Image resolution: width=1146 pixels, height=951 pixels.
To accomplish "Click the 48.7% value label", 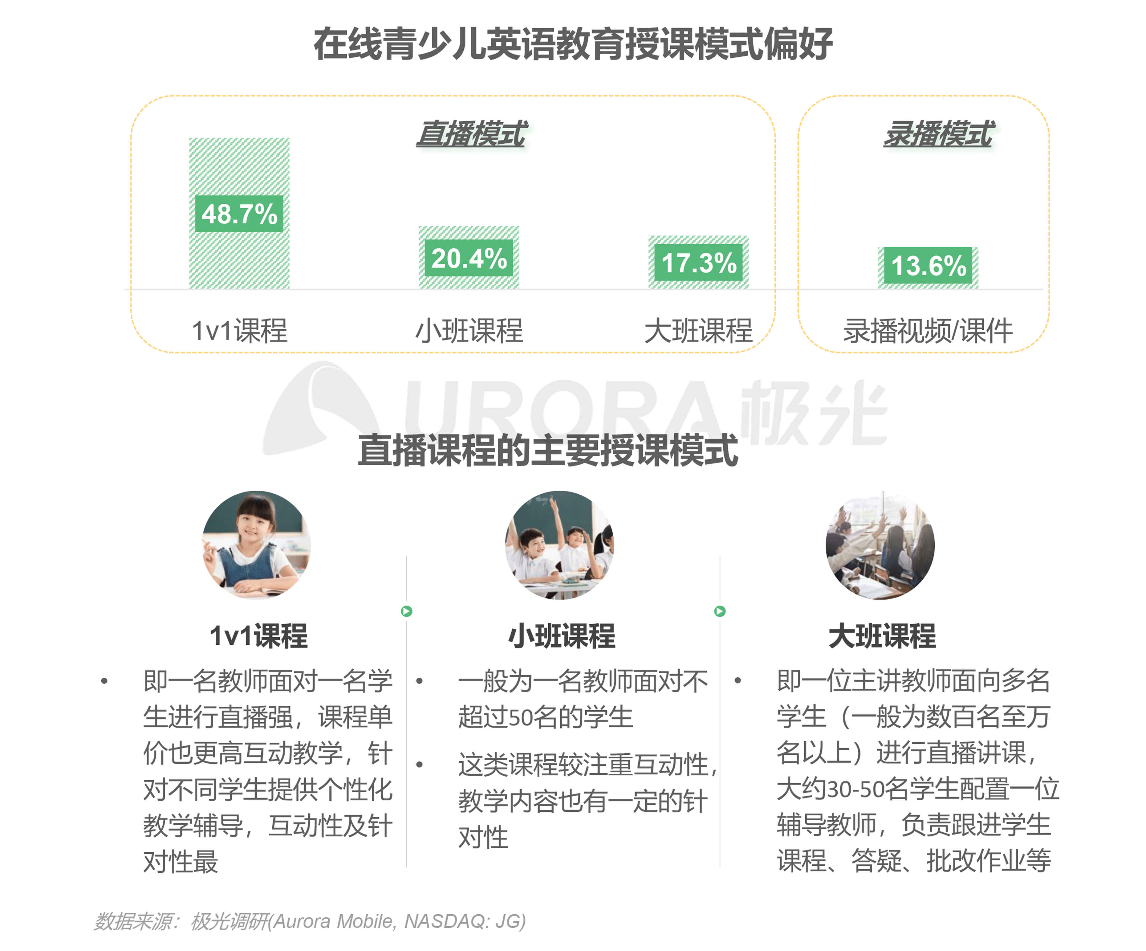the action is (x=239, y=214).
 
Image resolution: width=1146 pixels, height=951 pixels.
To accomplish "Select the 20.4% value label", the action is (x=469, y=258).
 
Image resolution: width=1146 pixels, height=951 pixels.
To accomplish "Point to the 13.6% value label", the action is (x=928, y=266).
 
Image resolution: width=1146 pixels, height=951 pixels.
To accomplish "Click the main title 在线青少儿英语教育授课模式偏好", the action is (x=573, y=44).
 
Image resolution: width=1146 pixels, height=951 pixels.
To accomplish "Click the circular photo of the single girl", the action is (x=257, y=545).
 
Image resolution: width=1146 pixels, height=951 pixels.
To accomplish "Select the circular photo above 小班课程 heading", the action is (x=559, y=545).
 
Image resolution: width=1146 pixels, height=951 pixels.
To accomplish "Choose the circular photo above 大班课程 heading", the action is (x=880, y=545).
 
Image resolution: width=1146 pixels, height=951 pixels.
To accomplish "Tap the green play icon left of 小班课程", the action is (x=407, y=611).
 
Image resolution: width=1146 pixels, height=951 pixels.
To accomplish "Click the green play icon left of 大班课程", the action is (x=720, y=611).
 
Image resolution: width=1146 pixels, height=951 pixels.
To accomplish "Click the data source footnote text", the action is (x=309, y=921).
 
